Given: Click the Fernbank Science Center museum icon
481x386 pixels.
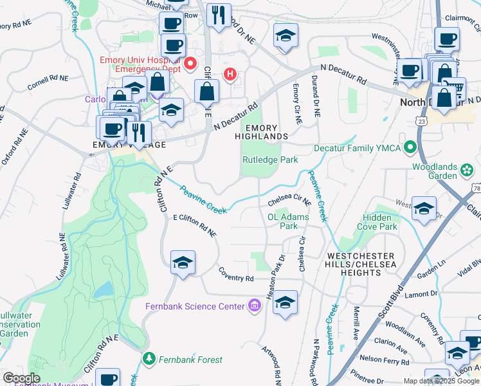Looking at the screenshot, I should pyautogui.click(x=255, y=306).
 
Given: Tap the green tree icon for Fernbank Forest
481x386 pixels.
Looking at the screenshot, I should pyautogui.click(x=149, y=358).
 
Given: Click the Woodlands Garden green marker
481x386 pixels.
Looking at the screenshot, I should pyautogui.click(x=467, y=170).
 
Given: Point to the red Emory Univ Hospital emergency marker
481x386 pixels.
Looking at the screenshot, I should pyautogui.click(x=190, y=64).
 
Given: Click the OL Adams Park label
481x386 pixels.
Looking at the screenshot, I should pyautogui.click(x=287, y=221).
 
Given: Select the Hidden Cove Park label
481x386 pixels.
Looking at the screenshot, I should pyautogui.click(x=379, y=223).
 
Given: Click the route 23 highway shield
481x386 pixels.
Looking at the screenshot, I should pyautogui.click(x=421, y=120).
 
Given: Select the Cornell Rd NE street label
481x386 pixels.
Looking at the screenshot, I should pyautogui.click(x=47, y=82).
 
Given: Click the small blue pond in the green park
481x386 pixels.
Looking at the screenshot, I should pyautogui.click(x=103, y=289).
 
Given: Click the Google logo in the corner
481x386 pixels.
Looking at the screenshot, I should pyautogui.click(x=21, y=378).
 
